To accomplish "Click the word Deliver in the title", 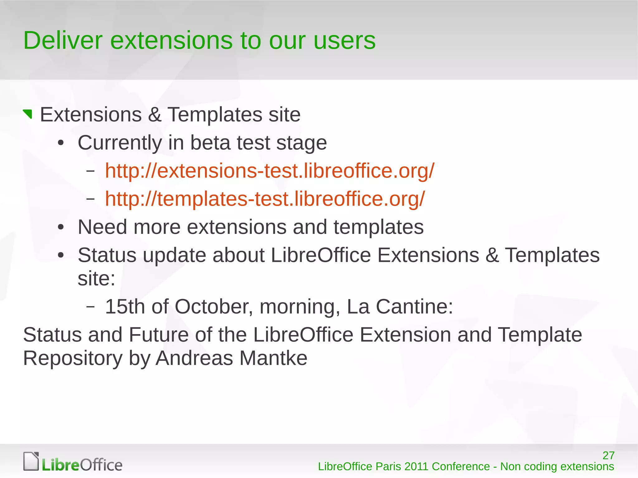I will [x=63, y=40].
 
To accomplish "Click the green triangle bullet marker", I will [x=28, y=114].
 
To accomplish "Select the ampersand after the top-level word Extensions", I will [x=155, y=115].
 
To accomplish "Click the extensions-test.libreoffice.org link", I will [x=269, y=171].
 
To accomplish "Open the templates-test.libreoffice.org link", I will [x=265, y=199].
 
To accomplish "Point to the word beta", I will [x=210, y=143].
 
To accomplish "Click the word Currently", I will [x=120, y=143].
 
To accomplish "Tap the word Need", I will [x=102, y=227].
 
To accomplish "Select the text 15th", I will [x=125, y=306].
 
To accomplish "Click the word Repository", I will [x=73, y=358].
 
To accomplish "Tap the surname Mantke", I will [x=273, y=358].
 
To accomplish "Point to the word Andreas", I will [x=194, y=358].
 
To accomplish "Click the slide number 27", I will [x=608, y=456].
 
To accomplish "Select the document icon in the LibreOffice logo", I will [x=31, y=461].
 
